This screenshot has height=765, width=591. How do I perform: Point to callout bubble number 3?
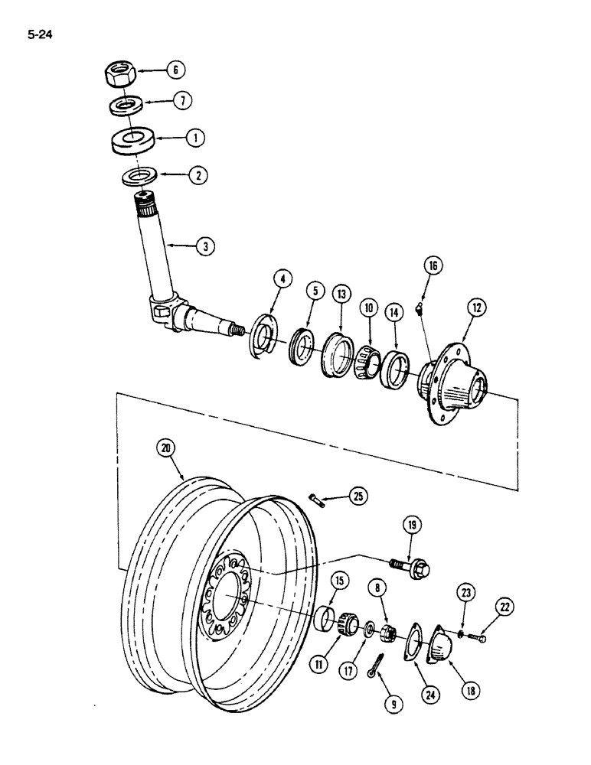click(204, 246)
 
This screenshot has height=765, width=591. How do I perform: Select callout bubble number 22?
click(503, 607)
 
